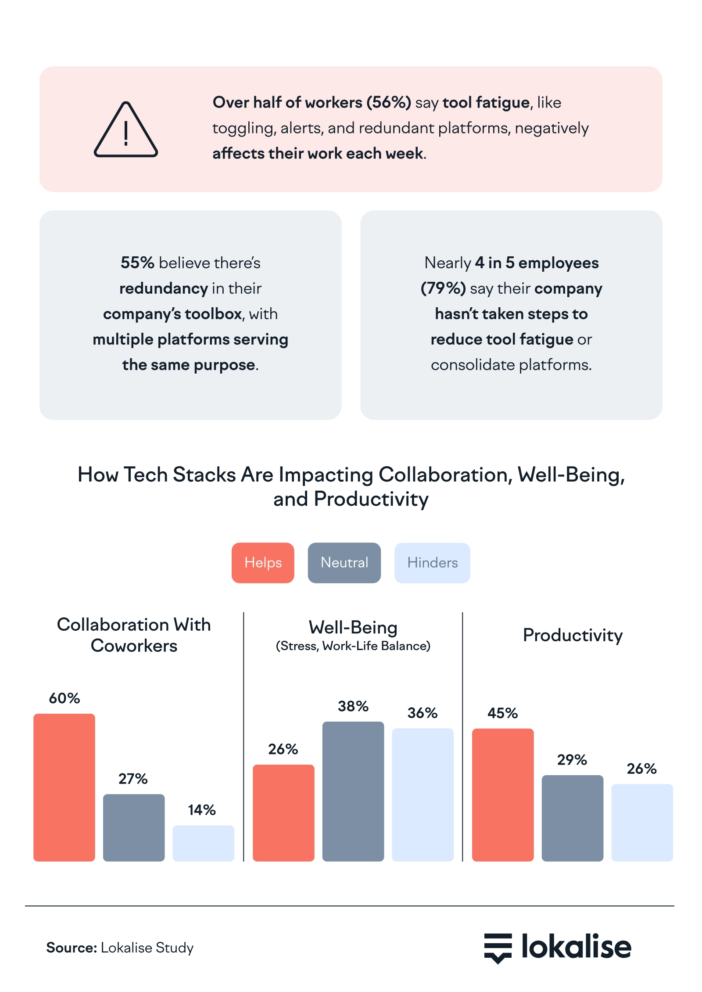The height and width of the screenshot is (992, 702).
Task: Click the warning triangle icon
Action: [x=126, y=130]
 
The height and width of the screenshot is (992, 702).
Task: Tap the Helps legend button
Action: [x=263, y=563]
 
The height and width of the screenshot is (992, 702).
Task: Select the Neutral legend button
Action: [x=344, y=563]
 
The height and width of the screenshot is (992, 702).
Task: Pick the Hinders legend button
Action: [x=432, y=563]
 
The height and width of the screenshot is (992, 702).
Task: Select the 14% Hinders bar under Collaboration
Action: [x=203, y=843]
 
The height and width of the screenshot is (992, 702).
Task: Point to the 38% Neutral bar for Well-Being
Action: [x=353, y=791]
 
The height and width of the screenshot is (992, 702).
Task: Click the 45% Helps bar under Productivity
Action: [x=503, y=795]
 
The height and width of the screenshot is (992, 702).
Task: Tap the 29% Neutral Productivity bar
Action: [x=573, y=818]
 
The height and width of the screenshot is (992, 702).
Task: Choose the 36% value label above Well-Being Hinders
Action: [x=423, y=713]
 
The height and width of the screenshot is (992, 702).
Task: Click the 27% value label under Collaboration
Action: [x=133, y=779]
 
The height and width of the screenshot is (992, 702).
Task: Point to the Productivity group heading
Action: [x=573, y=635]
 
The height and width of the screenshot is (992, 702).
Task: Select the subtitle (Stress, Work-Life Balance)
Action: [x=353, y=646]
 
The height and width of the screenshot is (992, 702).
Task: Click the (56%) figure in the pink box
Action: [x=389, y=102]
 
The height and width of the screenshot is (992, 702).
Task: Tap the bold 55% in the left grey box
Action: [x=137, y=262]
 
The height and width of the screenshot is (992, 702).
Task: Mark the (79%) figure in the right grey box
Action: [x=443, y=288]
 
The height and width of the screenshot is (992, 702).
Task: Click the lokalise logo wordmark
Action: [x=576, y=947]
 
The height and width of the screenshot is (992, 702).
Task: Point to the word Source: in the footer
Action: [x=72, y=948]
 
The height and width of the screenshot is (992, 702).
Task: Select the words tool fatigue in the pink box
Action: [x=486, y=102]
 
